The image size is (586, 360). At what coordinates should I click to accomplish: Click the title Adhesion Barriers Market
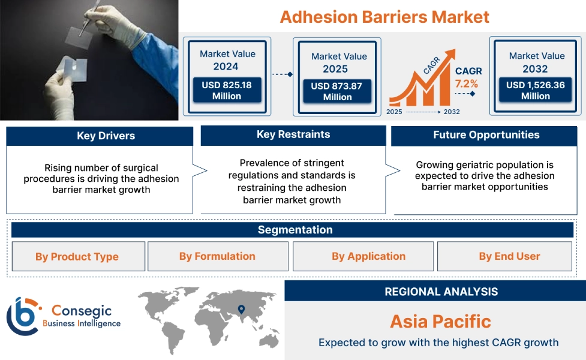(384, 16)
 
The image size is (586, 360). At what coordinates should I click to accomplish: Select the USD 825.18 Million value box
(226, 91)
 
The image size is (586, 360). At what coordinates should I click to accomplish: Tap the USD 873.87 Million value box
(336, 91)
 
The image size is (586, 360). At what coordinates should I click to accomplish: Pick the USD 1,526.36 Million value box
(535, 91)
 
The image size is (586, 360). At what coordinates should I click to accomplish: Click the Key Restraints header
(293, 134)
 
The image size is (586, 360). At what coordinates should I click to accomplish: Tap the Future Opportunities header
(486, 135)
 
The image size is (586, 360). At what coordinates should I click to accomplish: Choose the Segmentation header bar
(294, 230)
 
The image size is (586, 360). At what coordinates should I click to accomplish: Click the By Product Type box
(77, 257)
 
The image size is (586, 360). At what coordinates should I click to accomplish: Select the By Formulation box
(217, 256)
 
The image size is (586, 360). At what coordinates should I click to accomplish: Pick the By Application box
(368, 256)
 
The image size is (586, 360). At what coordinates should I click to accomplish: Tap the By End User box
(509, 256)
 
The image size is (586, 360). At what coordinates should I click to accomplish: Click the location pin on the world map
(241, 310)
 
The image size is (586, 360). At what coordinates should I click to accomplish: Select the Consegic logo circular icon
(22, 316)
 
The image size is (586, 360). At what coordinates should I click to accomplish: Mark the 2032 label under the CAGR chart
(451, 112)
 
